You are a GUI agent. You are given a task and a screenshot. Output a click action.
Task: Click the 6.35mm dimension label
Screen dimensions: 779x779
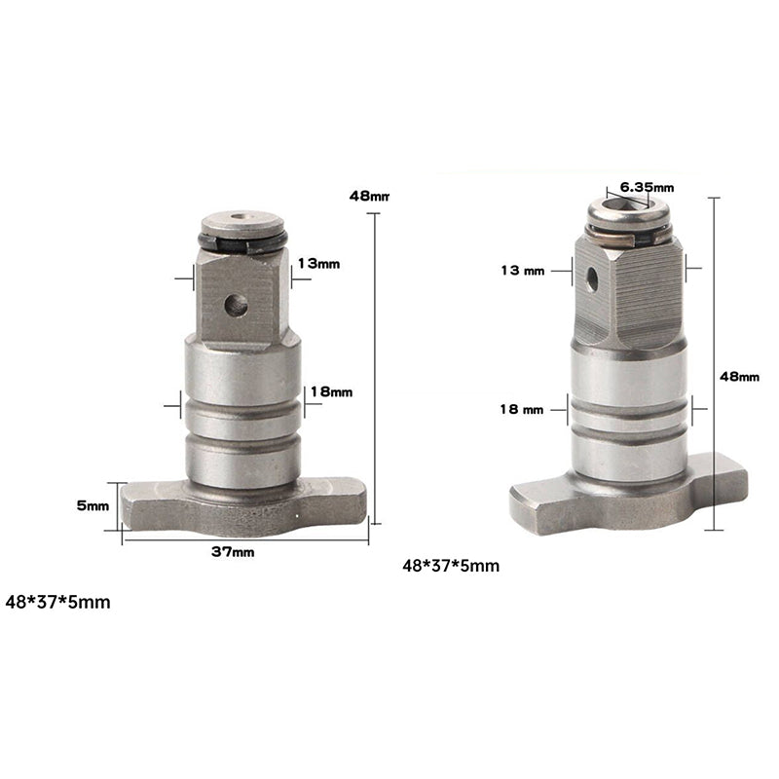[x=647, y=187]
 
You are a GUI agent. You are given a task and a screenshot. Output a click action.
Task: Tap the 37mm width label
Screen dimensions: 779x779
[x=233, y=551]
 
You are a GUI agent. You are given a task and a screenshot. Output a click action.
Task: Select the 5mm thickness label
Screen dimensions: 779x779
[x=93, y=505]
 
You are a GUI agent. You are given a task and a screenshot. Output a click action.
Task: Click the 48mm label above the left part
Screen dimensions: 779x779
[x=369, y=197]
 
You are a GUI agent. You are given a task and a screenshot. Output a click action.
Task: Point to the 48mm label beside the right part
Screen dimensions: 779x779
[x=740, y=377]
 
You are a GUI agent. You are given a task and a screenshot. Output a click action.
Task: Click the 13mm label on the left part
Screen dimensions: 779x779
[x=318, y=263]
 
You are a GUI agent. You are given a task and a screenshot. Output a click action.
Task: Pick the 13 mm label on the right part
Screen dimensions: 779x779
[x=523, y=271]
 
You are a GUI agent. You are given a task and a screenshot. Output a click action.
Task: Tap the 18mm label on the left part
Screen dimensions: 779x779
[x=331, y=392]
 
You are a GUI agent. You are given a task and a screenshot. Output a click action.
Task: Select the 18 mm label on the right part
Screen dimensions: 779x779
[x=522, y=409]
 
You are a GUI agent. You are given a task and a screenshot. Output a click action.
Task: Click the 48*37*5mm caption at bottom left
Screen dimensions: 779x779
[x=57, y=602]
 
